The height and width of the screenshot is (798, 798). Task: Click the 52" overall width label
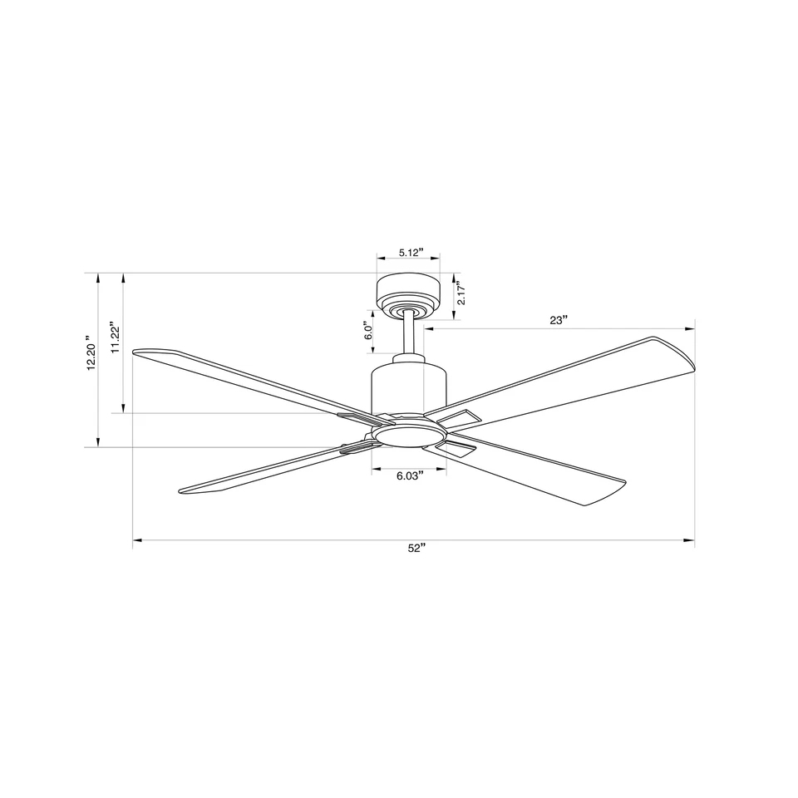pos(416,548)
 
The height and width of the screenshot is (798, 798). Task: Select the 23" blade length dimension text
pos(559,319)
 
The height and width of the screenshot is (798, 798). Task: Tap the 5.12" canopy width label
pos(411,252)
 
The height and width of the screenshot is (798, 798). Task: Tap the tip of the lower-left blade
pos(185,490)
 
